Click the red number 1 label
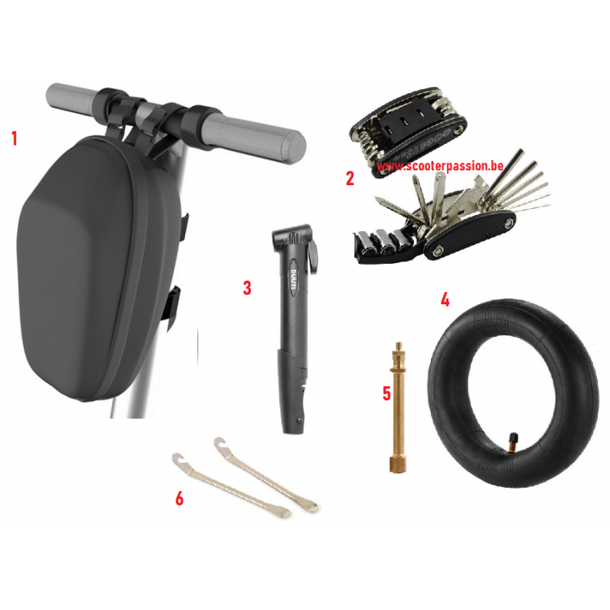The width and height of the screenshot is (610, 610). pyautogui.click(x=14, y=139)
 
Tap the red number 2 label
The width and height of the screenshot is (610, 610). pyautogui.click(x=350, y=178)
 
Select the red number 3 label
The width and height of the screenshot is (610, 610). pyautogui.click(x=247, y=288)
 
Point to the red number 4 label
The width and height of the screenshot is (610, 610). pyautogui.click(x=445, y=300)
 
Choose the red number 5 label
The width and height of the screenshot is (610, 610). pyautogui.click(x=387, y=393)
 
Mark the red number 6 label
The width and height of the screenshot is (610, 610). pyautogui.click(x=179, y=499)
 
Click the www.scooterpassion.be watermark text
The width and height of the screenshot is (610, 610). pyautogui.click(x=440, y=166)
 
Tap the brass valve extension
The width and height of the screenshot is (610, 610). pyautogui.click(x=397, y=407)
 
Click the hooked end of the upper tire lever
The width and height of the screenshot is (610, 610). pyautogui.click(x=220, y=443)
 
